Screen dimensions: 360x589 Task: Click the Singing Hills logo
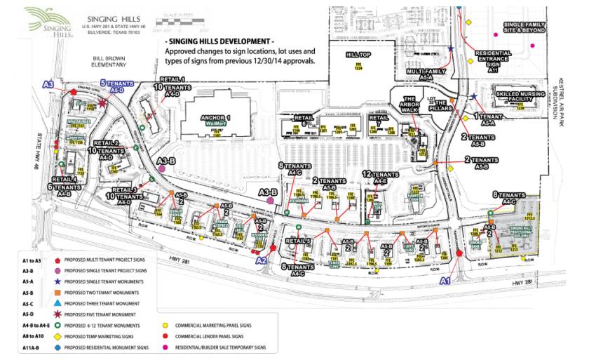50,22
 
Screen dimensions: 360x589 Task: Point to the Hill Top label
358,55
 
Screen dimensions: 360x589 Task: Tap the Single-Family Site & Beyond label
524,27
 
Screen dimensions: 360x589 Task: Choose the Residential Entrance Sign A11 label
492,60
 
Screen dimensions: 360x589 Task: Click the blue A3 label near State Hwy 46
48,85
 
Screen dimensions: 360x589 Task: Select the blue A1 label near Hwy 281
444,280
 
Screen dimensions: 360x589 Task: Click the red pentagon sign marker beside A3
73,92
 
